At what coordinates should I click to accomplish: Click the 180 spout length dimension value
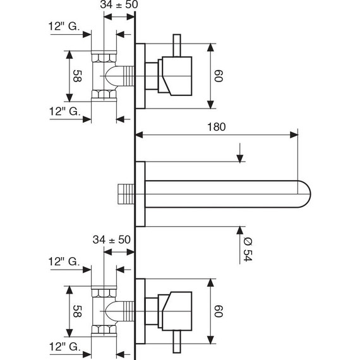[x=216, y=126]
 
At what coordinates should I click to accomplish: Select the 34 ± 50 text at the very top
[x=119, y=6]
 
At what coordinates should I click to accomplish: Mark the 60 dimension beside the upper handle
[x=220, y=76]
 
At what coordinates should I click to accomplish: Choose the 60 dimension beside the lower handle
[x=220, y=311]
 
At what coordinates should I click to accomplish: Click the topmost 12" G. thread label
[x=63, y=27]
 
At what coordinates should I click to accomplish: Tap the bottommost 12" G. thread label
[x=63, y=347]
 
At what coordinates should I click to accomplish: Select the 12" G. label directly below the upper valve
[x=63, y=111]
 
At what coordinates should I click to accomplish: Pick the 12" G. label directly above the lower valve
[x=63, y=261]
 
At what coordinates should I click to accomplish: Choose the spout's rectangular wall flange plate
[x=141, y=193]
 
